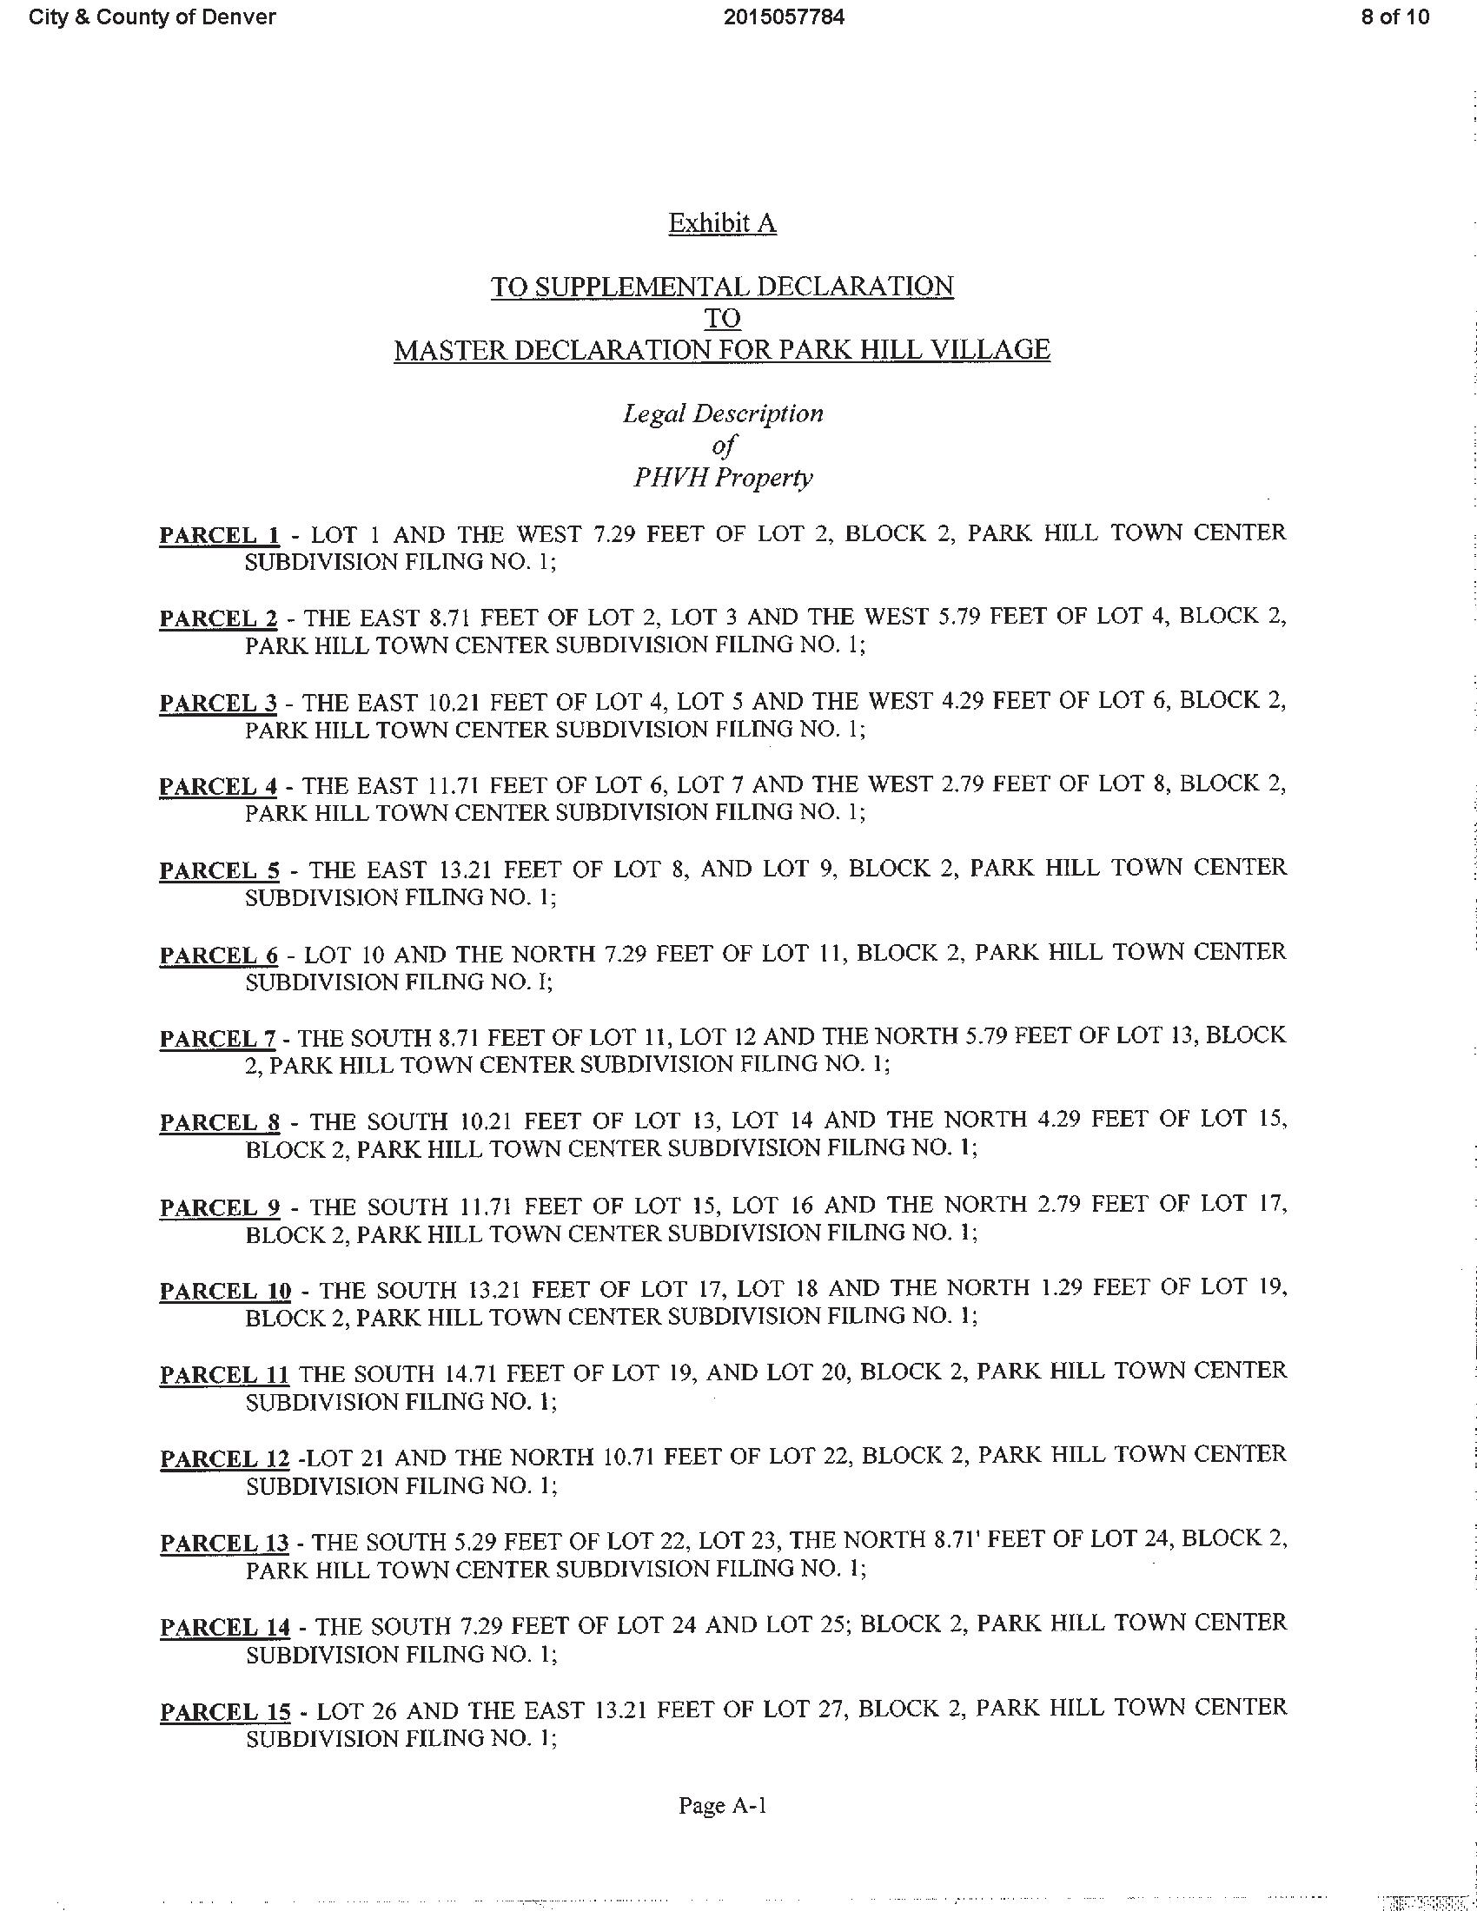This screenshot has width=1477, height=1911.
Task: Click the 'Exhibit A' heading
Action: click(x=722, y=224)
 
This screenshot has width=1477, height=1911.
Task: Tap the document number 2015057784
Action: click(x=784, y=17)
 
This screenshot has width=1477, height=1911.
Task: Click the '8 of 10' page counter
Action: click(x=1394, y=17)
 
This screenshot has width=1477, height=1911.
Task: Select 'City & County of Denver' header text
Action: click(x=152, y=17)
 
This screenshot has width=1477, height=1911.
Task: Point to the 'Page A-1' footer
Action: click(x=723, y=1805)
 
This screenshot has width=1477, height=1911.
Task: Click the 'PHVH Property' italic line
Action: click(x=723, y=478)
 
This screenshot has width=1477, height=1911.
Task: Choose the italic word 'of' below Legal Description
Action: click(x=723, y=446)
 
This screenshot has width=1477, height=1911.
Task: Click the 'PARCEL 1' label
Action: click(x=220, y=534)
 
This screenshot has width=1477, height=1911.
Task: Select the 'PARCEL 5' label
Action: click(x=220, y=870)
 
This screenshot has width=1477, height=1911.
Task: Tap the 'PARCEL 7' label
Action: click(x=218, y=1039)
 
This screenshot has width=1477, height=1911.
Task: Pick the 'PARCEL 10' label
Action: click(x=225, y=1292)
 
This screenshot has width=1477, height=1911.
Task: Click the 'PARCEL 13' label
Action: click(x=224, y=1544)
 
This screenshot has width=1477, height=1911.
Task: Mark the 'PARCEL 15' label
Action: click(x=225, y=1711)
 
